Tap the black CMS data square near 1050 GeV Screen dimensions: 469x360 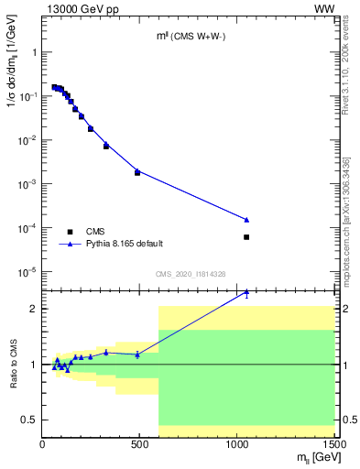coord(246,237)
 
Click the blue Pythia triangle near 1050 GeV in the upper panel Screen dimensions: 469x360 coord(246,219)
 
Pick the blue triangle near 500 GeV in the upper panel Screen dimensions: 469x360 coord(137,169)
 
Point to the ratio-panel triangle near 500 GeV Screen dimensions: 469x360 coord(137,354)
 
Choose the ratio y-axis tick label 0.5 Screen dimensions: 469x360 coord(30,420)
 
